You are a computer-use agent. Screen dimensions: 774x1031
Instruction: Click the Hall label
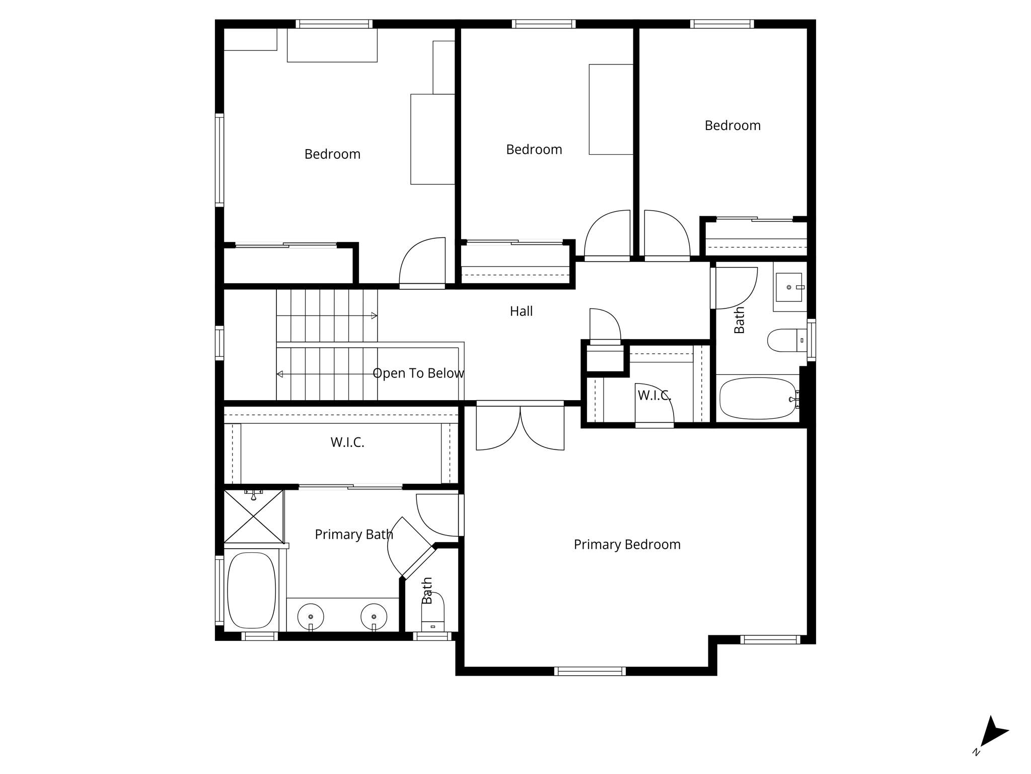[x=521, y=311]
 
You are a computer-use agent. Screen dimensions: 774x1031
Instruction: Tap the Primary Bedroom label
[x=627, y=545]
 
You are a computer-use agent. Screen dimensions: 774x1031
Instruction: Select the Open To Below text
[x=418, y=373]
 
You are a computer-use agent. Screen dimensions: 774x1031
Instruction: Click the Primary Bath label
[x=353, y=535]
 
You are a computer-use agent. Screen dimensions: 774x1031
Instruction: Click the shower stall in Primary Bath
[x=254, y=517]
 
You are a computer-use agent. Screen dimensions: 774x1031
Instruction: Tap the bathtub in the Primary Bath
[x=252, y=590]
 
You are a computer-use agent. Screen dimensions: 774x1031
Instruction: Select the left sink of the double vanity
[x=310, y=616]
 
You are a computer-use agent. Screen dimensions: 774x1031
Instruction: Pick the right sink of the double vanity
[x=374, y=616]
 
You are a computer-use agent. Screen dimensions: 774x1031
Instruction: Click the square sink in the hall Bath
[x=788, y=287]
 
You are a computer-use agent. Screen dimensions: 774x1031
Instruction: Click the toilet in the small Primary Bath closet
[x=432, y=612]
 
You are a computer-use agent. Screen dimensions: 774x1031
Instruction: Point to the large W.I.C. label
[x=347, y=442]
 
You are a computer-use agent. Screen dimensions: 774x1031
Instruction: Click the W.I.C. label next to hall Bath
[x=654, y=396]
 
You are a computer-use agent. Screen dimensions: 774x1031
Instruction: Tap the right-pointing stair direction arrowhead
[x=374, y=316]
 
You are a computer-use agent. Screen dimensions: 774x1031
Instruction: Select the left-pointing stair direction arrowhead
[x=280, y=374]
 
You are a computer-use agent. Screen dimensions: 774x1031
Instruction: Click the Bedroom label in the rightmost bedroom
[x=732, y=125]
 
